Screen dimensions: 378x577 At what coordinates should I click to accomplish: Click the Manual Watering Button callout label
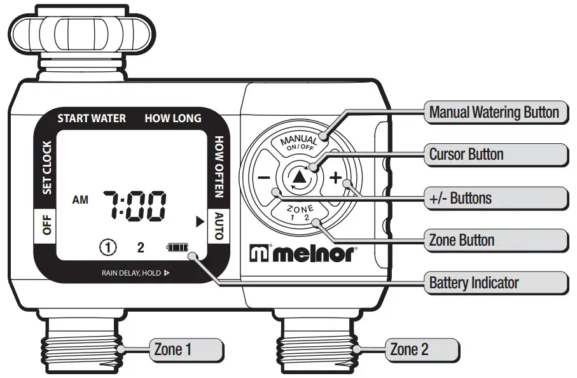tap(494, 113)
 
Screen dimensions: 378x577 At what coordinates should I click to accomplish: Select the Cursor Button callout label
tap(466, 154)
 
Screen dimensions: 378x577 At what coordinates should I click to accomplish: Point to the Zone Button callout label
tap(462, 240)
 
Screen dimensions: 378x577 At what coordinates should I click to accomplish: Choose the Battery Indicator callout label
tap(474, 283)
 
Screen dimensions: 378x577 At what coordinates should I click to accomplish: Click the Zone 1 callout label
tap(172, 349)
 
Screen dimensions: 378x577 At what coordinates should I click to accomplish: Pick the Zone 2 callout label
tap(409, 349)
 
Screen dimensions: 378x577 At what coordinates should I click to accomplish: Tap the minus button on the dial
tap(265, 178)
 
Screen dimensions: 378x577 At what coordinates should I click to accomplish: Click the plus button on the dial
tap(335, 178)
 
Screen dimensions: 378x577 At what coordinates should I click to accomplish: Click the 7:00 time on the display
tap(135, 204)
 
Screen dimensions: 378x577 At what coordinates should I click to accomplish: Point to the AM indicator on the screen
tap(81, 200)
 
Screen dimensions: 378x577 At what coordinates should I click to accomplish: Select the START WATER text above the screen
tap(92, 118)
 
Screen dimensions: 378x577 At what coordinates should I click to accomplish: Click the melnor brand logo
tap(303, 253)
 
